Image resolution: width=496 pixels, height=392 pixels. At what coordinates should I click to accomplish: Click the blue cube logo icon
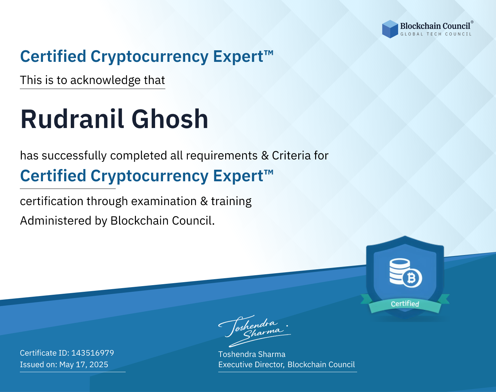coord(390,29)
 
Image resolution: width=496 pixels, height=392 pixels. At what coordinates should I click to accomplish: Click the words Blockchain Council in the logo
coord(435,26)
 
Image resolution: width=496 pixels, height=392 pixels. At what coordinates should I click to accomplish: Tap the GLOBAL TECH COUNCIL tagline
coord(436,34)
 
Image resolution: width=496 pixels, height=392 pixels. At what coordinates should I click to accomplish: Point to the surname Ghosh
coord(170,119)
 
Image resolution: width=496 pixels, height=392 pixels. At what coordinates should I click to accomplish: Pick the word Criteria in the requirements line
coord(291,155)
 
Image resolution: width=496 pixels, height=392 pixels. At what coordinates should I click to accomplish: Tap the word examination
coord(164,201)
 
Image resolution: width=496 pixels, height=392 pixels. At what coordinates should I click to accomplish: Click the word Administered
coord(56,220)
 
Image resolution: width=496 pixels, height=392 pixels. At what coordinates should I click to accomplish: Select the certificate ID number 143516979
coord(93,353)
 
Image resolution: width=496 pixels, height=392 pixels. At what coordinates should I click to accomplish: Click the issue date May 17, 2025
coord(84,364)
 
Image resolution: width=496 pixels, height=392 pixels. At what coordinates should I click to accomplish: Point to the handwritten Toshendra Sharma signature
coord(255,331)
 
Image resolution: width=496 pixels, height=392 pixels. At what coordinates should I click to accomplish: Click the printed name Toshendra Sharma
coord(252,354)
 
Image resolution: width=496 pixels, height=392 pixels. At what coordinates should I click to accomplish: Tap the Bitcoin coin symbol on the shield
coord(412,278)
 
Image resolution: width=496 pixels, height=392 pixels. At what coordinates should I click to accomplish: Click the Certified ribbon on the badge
coord(405,304)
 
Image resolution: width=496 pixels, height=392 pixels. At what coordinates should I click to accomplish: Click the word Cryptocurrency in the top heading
coord(149,57)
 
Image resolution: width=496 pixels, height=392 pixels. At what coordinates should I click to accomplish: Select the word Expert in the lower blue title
coord(238,176)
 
